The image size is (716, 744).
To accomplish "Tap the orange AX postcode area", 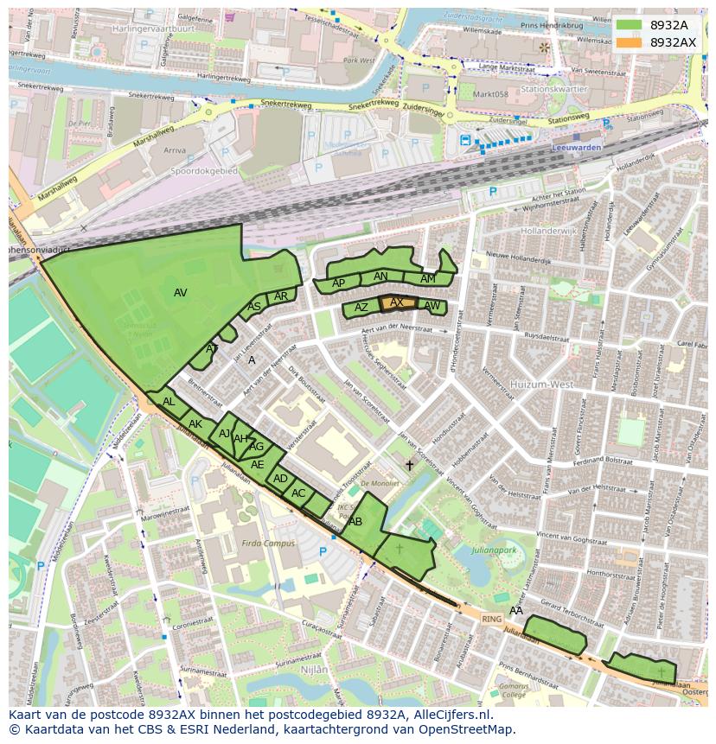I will tap(397, 302).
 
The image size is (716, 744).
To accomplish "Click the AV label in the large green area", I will tap(180, 293).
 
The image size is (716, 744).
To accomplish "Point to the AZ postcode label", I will tap(361, 308).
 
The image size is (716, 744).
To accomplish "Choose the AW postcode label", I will tap(432, 306).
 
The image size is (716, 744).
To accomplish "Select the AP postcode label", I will tap(339, 283).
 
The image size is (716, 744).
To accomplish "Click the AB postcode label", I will tap(355, 522).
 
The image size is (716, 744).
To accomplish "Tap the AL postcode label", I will tap(169, 402).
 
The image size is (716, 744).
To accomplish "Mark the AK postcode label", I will tap(195, 423).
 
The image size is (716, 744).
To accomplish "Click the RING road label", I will tap(491, 619).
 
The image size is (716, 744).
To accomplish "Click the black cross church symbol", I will tap(409, 465).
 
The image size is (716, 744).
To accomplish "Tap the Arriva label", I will tap(175, 149).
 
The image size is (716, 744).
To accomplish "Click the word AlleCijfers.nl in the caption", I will tap(450, 715).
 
